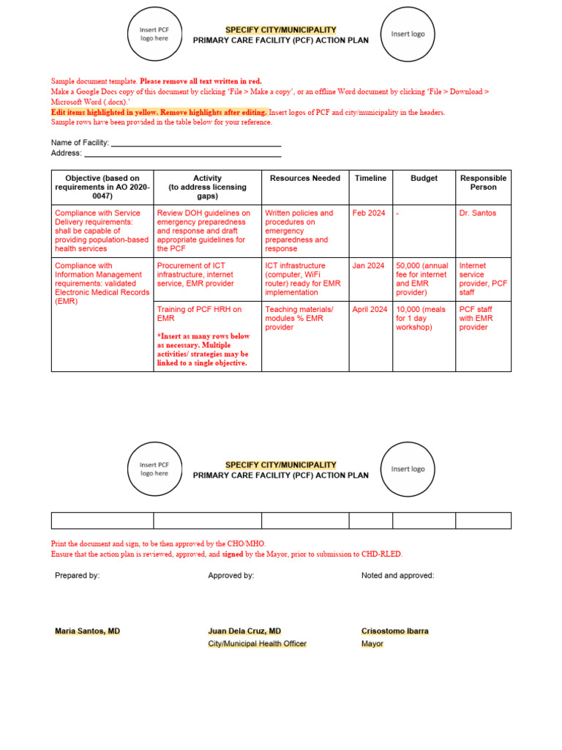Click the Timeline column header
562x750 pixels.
(x=370, y=178)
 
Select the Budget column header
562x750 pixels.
(x=424, y=178)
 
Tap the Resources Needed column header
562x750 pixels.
(x=304, y=178)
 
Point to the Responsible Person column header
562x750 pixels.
(x=483, y=182)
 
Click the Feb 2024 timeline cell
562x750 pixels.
(x=368, y=213)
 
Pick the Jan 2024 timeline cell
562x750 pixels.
(x=368, y=266)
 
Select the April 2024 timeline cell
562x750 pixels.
(x=370, y=310)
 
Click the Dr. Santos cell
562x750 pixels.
(x=477, y=213)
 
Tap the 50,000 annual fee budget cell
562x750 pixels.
(x=421, y=279)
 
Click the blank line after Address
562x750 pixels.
(x=183, y=154)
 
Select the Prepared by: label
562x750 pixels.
(x=77, y=576)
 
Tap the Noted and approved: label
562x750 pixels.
(x=397, y=576)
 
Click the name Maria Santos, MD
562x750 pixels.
(x=87, y=631)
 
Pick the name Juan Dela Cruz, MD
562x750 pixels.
(x=244, y=631)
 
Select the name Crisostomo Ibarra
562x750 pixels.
(x=395, y=631)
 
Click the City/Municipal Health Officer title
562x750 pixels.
(x=257, y=644)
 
